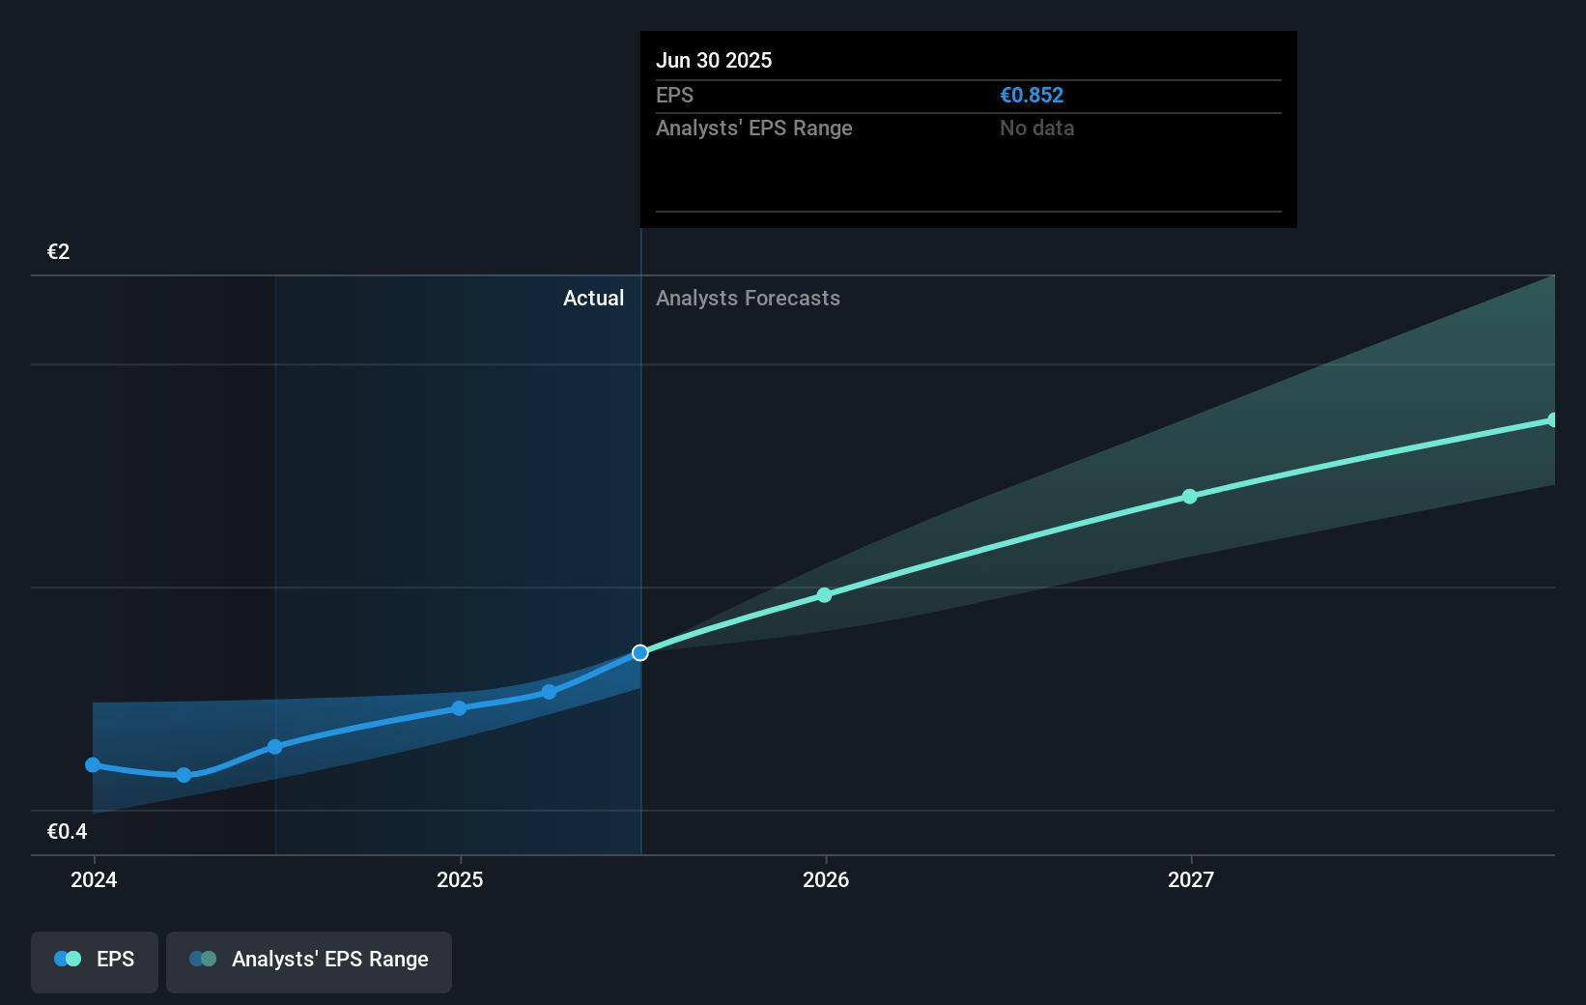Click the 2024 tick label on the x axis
94,879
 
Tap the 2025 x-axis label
460,879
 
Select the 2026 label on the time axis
826,879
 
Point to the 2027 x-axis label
1191,879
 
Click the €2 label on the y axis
58,251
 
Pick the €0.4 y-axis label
67,831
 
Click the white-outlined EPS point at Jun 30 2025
640,652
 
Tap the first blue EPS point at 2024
93,765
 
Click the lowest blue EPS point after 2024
184,776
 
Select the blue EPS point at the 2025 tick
460,708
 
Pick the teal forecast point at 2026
824,595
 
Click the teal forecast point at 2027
1190,497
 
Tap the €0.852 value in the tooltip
1032,95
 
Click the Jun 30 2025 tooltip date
714,60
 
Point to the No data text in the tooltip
1037,129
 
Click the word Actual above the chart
593,299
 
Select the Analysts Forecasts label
748,299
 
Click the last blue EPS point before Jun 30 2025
550,692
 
